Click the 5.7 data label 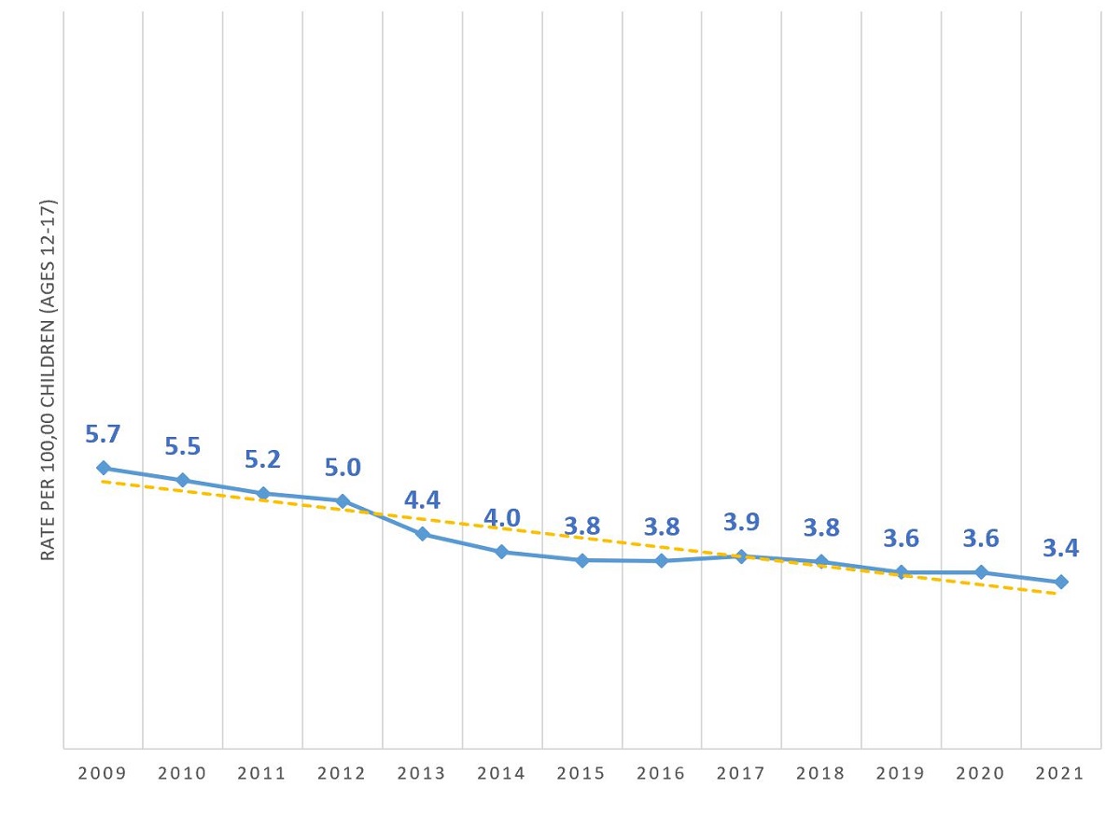coord(103,434)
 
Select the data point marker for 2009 coord(103,468)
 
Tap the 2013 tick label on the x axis coord(422,774)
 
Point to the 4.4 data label coord(422,500)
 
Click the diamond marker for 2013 coord(422,534)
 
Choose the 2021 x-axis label coord(1060,774)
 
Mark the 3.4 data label coord(1060,548)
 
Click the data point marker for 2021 coord(1060,582)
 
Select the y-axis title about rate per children coord(49,380)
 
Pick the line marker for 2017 coord(741,556)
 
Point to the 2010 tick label coord(183,774)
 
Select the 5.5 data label coord(183,446)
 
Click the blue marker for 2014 coord(502,552)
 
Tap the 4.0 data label coord(502,518)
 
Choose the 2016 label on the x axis coord(662,774)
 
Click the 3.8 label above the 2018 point coord(821,527)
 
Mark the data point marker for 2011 coord(263,493)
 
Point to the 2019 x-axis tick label coord(902,774)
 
